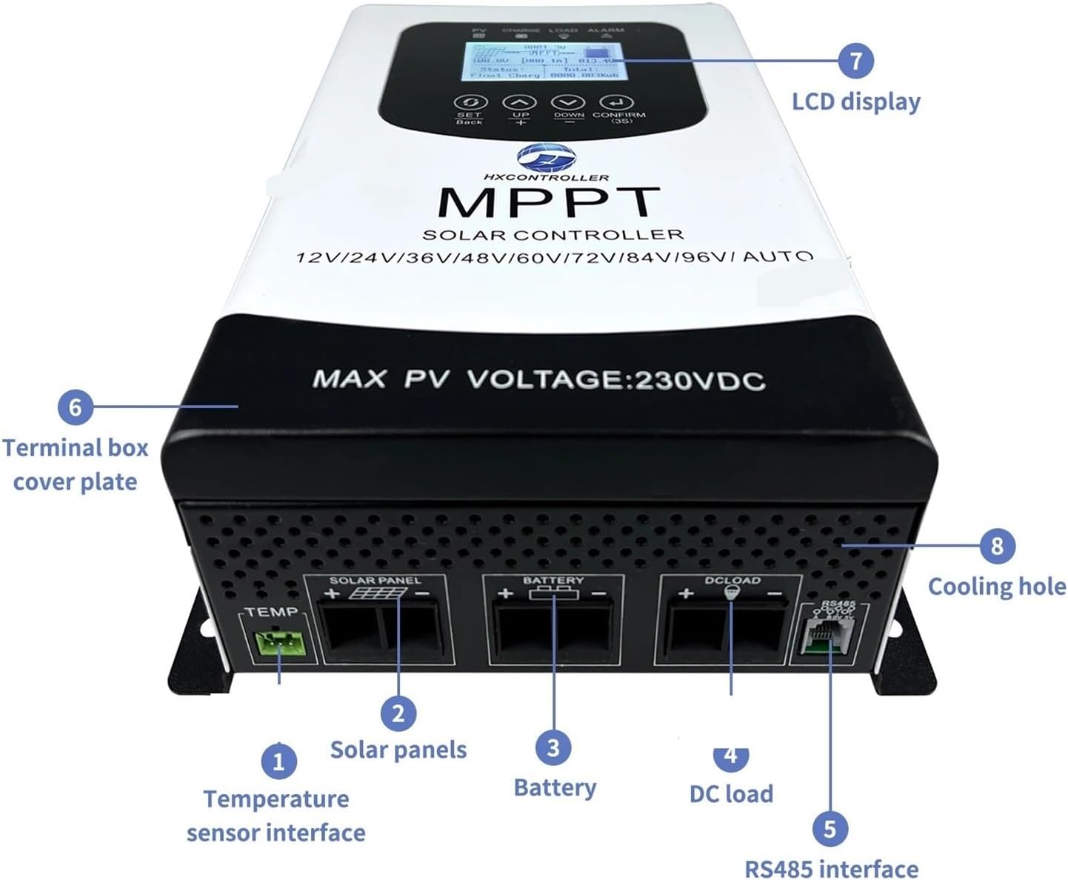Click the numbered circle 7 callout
(x=855, y=60)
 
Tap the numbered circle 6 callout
(x=75, y=406)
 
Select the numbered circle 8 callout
(x=996, y=546)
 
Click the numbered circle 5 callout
(x=830, y=828)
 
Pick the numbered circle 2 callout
(x=398, y=713)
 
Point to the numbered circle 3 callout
(x=553, y=747)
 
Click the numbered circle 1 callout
(x=278, y=761)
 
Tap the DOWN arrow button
(x=568, y=103)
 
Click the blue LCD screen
(x=537, y=61)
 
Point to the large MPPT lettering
(x=548, y=201)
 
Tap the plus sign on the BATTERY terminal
(x=505, y=593)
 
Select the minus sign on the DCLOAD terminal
(x=774, y=593)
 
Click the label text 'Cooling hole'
(x=996, y=587)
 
